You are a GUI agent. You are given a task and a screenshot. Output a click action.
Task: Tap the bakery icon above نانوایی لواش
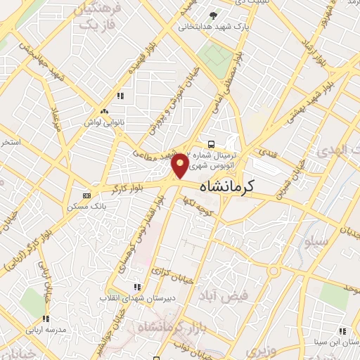[105, 111]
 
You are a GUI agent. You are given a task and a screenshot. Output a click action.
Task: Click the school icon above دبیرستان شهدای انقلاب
[137, 287]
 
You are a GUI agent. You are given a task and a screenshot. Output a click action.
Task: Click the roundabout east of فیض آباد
[273, 271]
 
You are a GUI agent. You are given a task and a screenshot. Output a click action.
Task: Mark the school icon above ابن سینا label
[342, 330]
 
